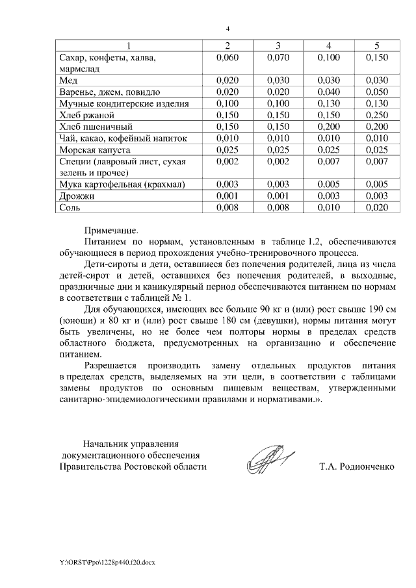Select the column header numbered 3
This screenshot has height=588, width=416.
pos(278,45)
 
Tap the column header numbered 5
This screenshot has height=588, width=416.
pos(376,45)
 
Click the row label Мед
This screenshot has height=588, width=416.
pos(68,80)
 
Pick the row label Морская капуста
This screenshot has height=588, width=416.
pos(92,150)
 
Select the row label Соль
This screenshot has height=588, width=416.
pos(70,208)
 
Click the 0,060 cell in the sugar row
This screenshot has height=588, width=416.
pos(227,57)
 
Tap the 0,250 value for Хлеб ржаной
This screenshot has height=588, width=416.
pos(376,115)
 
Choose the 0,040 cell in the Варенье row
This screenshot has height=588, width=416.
pos(328,92)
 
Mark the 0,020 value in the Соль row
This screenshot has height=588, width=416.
pos(376,208)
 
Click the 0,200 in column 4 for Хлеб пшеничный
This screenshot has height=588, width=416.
pos(328,127)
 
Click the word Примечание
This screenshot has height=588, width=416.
pos(111,229)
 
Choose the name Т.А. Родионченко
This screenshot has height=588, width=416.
pos(357,467)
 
